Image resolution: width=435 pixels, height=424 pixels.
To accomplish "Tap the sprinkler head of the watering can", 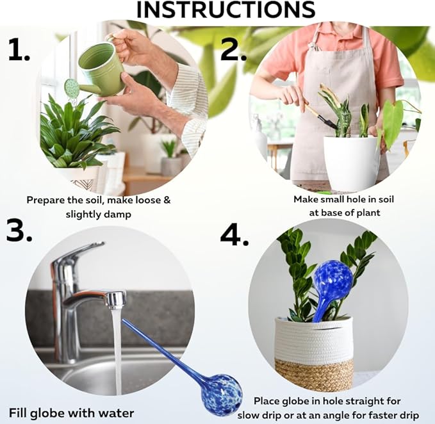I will pos(72,88).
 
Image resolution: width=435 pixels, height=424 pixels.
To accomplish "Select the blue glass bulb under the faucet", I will pos(220,395).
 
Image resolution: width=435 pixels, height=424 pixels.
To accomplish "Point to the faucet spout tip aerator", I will pos(116,299).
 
